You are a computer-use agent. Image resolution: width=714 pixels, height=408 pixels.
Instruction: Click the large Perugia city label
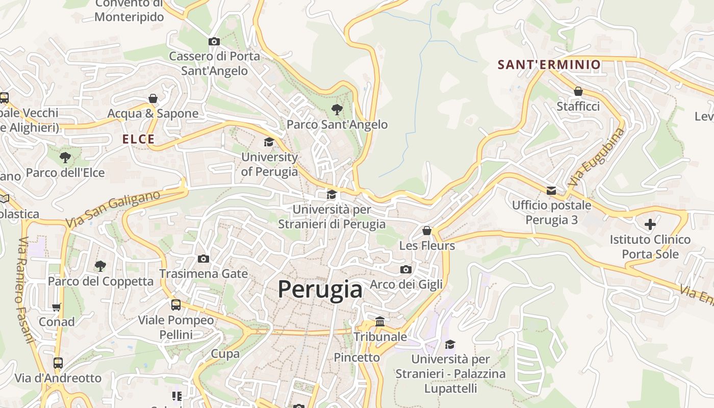[320, 290]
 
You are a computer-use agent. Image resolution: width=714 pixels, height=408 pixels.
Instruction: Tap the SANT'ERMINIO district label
[549, 65]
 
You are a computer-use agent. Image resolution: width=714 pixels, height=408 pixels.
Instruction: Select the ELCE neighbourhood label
[138, 139]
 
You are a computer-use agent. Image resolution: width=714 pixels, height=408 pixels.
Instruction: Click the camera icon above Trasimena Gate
[203, 259]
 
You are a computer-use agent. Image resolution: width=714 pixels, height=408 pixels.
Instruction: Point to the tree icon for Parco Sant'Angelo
[337, 109]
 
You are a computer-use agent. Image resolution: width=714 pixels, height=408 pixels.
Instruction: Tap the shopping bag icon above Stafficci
[578, 91]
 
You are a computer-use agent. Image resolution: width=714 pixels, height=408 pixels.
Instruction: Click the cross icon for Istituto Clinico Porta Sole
[650, 224]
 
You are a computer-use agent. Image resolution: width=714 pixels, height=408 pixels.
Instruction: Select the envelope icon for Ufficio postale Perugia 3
[551, 191]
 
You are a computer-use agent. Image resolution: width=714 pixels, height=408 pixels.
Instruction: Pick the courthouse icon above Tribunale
[380, 322]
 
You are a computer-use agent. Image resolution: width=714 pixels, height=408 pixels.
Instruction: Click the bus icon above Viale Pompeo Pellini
[176, 305]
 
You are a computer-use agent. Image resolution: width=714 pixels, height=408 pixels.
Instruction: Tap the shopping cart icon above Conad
[57, 307]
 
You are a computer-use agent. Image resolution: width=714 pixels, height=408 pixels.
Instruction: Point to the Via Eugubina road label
[596, 157]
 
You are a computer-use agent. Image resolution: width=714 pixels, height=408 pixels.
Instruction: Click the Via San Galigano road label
[113, 209]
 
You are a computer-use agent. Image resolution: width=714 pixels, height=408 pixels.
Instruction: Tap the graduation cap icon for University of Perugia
[269, 142]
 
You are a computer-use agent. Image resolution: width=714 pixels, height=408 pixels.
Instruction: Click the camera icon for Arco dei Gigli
[406, 269]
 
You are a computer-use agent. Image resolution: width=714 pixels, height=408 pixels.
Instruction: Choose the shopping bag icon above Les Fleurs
[427, 231]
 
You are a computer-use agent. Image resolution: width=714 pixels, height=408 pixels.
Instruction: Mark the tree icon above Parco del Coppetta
[100, 266]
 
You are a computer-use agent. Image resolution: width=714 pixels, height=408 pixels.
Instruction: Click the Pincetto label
[356, 358]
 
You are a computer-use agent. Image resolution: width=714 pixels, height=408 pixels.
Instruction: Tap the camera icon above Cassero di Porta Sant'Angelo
[214, 41]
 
